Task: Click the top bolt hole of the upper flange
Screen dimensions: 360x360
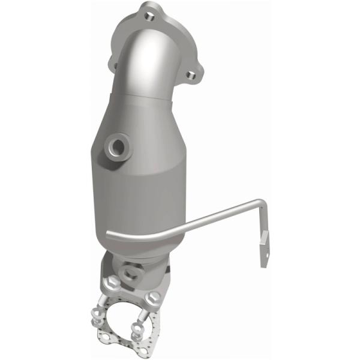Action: tap(146, 9)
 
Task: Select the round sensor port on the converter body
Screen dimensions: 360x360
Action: tap(116, 146)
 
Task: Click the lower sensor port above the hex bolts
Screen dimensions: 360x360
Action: tap(128, 271)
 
